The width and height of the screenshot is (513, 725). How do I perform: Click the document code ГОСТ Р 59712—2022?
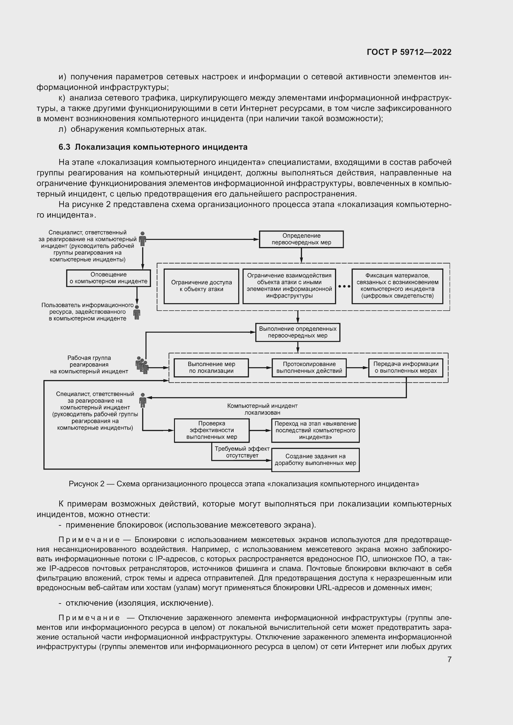pyautogui.click(x=409, y=52)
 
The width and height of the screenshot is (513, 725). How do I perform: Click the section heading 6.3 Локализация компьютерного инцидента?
pyautogui.click(x=153, y=147)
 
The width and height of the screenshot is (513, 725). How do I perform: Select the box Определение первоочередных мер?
pyautogui.click(x=301, y=239)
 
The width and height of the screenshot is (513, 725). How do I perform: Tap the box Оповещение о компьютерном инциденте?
pyautogui.click(x=108, y=278)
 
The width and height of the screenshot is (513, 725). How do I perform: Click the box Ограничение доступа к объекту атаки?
pyautogui.click(x=201, y=286)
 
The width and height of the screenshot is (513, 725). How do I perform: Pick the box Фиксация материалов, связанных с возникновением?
pyautogui.click(x=397, y=286)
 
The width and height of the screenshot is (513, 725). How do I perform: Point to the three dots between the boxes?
pyautogui.click(x=344, y=286)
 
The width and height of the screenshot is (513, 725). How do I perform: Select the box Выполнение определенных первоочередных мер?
pyautogui.click(x=297, y=332)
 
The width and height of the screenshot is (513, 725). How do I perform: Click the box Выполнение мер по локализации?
pyautogui.click(x=211, y=368)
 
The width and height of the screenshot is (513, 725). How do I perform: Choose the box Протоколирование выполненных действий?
pyautogui.click(x=309, y=368)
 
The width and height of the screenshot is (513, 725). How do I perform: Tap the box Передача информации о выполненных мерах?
pyautogui.click(x=406, y=368)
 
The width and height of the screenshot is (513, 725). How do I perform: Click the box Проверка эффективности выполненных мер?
pyautogui.click(x=212, y=431)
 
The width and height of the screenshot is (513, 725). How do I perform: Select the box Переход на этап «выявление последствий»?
pyautogui.click(x=315, y=431)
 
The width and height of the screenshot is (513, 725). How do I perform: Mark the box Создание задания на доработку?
pyautogui.click(x=315, y=460)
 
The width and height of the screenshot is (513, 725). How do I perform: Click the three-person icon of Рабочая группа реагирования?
pyautogui.click(x=142, y=365)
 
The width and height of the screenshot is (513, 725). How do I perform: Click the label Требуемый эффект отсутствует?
pyautogui.click(x=242, y=452)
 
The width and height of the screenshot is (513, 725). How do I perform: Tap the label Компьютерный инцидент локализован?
pyautogui.click(x=262, y=409)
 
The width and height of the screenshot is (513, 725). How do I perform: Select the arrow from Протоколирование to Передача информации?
pyautogui.click(x=357, y=368)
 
